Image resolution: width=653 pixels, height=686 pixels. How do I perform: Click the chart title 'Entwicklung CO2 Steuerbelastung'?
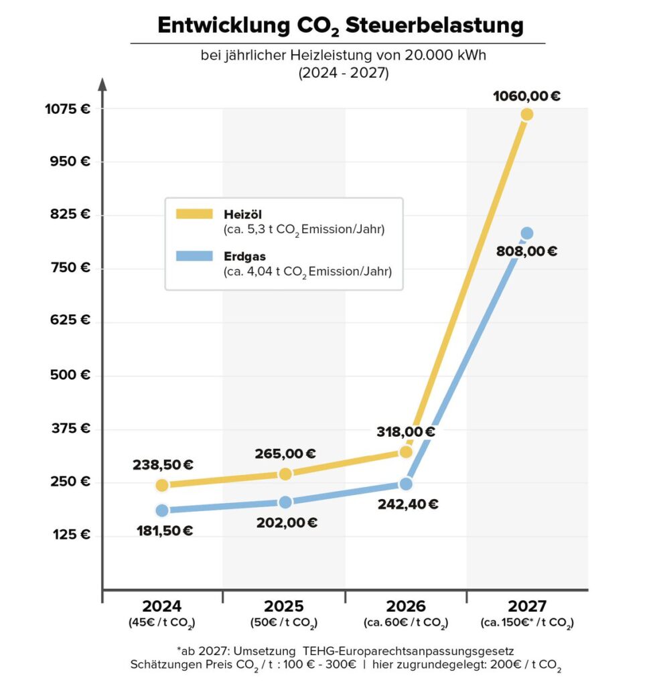click(x=339, y=26)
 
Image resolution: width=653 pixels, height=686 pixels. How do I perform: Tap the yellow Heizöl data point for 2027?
click(x=526, y=115)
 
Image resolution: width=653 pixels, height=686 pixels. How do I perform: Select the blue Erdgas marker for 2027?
click(x=526, y=233)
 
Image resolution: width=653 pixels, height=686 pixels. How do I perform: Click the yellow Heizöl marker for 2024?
click(x=162, y=485)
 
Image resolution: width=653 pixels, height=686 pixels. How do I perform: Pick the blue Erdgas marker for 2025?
click(x=285, y=502)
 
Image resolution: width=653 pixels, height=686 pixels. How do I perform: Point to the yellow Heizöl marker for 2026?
click(x=405, y=452)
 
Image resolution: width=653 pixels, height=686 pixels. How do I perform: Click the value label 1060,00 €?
click(x=526, y=96)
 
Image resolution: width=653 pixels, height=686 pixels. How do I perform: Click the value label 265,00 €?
click(x=285, y=454)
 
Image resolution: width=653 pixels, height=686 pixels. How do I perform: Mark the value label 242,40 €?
click(x=406, y=504)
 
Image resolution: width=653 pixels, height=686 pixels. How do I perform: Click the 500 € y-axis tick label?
click(x=70, y=374)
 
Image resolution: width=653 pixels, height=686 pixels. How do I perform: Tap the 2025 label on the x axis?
click(x=284, y=606)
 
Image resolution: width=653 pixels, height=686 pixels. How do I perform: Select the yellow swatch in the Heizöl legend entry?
click(x=195, y=214)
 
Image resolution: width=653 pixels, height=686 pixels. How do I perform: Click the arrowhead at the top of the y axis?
click(x=102, y=84)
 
